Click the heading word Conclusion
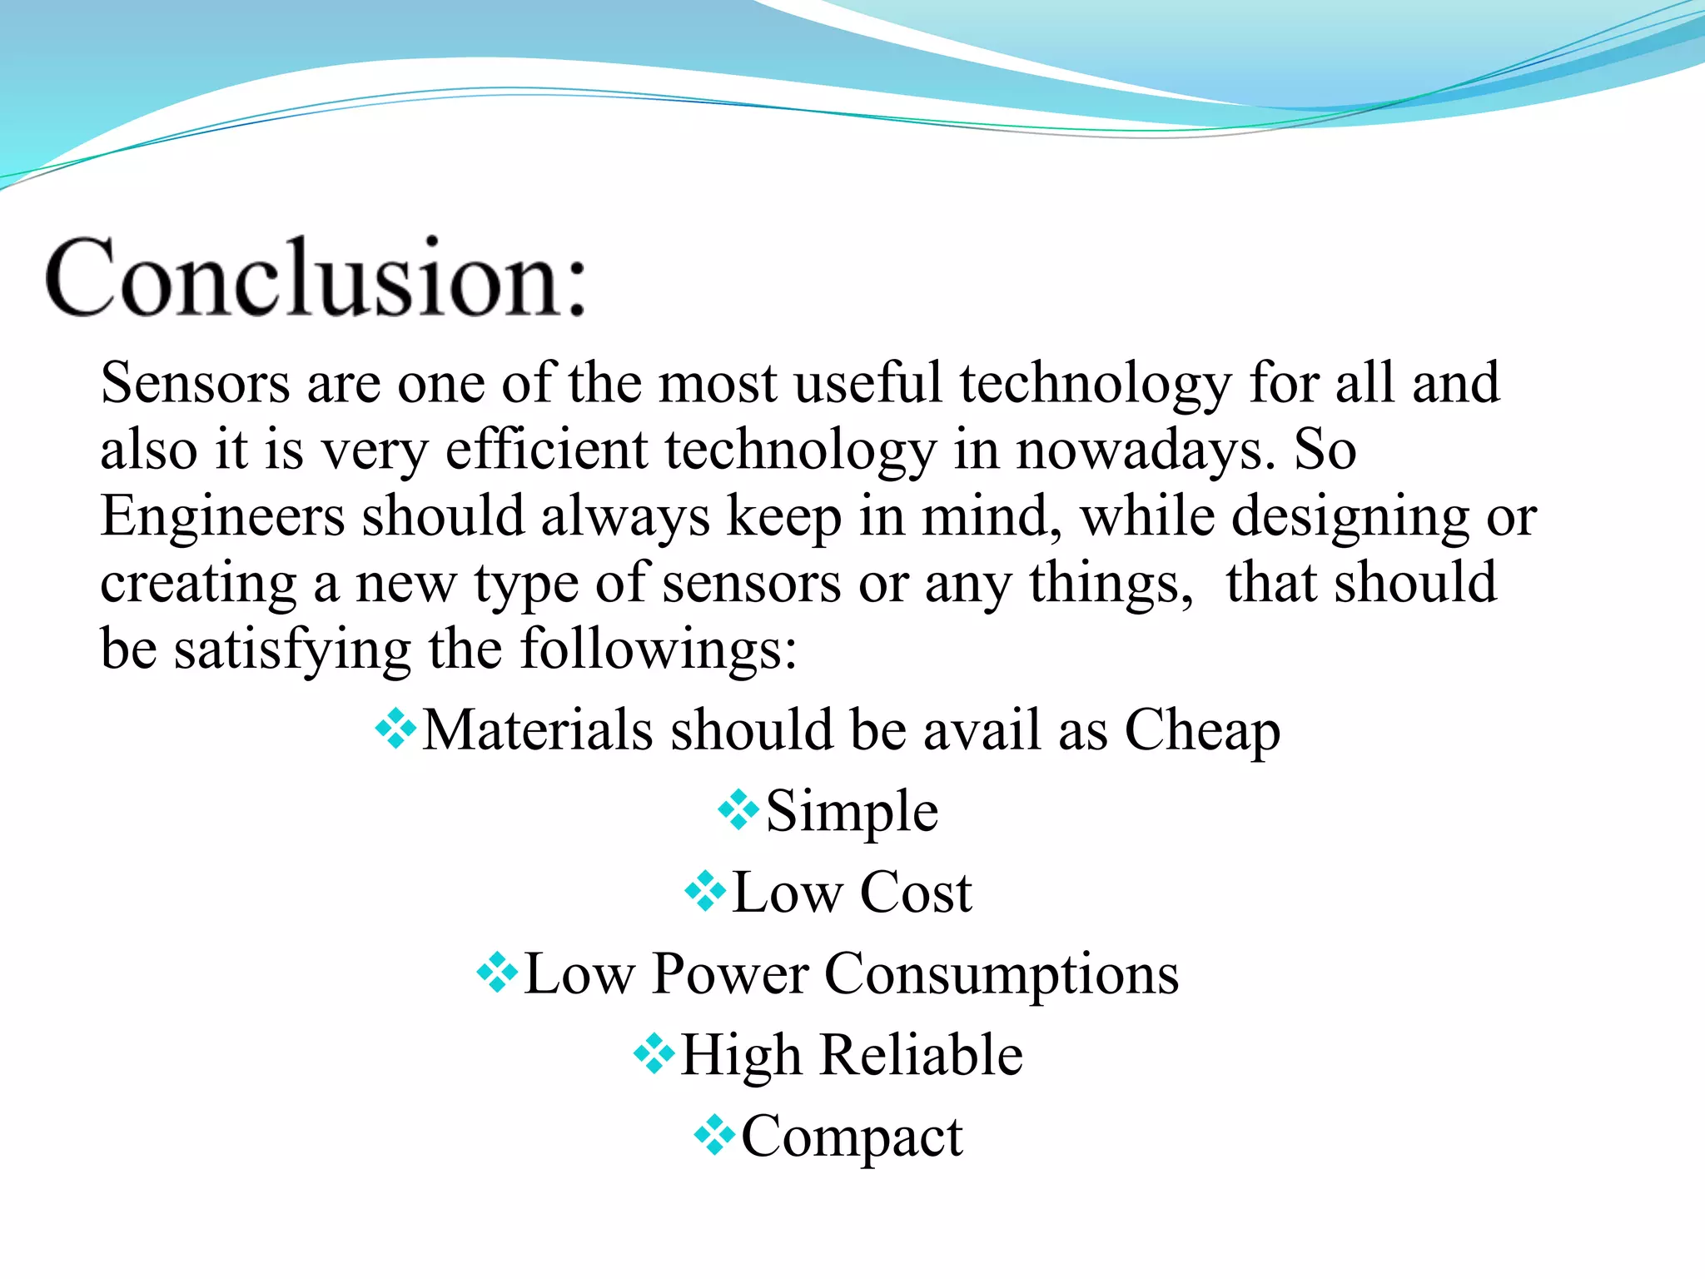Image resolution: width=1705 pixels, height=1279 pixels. point(316,277)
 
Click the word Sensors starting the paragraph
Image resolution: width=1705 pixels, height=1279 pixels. point(195,383)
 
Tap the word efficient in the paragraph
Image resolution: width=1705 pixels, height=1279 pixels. point(546,450)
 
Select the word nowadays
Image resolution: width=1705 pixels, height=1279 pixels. point(1146,450)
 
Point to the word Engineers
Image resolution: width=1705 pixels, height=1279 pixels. point(222,516)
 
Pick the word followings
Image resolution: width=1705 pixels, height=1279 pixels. point(658,649)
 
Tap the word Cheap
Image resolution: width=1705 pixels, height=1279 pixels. point(1202,731)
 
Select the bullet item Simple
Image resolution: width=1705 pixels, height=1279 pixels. point(852,812)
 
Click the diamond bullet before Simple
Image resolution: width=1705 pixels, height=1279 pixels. point(738,809)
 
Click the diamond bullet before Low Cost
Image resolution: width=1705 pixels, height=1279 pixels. point(705,891)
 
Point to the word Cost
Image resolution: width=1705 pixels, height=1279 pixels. point(915,893)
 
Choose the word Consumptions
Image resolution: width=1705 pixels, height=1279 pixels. point(1002,974)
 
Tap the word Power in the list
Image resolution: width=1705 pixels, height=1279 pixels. point(730,973)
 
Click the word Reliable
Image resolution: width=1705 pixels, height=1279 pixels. point(922,1055)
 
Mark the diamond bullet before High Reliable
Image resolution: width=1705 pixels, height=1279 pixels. point(654,1054)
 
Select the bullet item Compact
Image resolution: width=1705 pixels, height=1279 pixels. point(852,1137)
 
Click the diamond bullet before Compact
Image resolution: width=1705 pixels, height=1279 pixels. point(714,1134)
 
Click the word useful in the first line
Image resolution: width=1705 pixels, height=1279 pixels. point(867,383)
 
